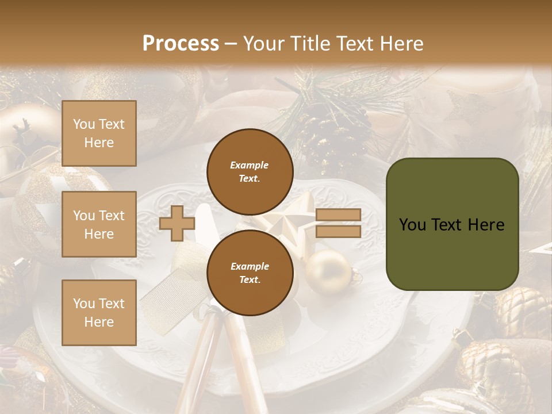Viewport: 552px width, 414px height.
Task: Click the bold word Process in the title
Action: pyautogui.click(x=181, y=44)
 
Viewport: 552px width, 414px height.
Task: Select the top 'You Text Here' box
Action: pyautogui.click(x=99, y=133)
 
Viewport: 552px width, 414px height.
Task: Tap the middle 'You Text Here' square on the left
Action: pyautogui.click(x=99, y=224)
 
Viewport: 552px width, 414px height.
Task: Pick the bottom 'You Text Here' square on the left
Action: pyautogui.click(x=99, y=313)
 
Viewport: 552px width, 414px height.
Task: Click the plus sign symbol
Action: pyautogui.click(x=177, y=223)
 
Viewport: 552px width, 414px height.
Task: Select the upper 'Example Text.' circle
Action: pyautogui.click(x=250, y=171)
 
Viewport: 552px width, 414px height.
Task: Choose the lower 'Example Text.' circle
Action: pyautogui.click(x=250, y=273)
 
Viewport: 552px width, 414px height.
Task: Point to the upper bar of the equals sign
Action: pyautogui.click(x=338, y=214)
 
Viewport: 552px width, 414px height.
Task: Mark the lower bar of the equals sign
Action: pyautogui.click(x=338, y=232)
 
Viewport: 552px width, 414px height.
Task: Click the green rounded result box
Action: pyautogui.click(x=452, y=224)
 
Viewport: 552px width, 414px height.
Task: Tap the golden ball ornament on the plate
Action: pyautogui.click(x=327, y=270)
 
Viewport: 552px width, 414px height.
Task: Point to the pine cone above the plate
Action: pyautogui.click(x=333, y=138)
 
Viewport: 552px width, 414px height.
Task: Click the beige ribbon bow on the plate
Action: pyautogui.click(x=172, y=293)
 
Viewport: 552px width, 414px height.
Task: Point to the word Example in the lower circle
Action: pyautogui.click(x=250, y=266)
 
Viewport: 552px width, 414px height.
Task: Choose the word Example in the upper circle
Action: pyautogui.click(x=250, y=165)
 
